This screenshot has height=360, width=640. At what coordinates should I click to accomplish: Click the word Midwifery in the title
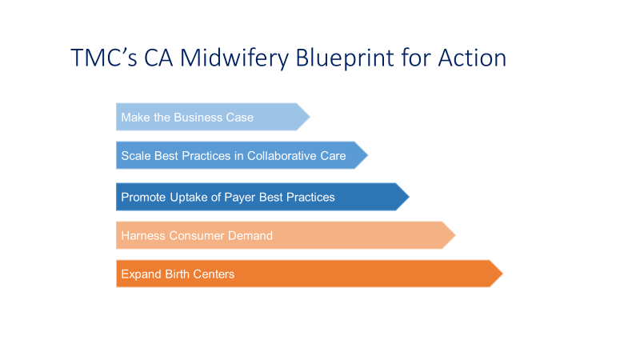tap(234, 58)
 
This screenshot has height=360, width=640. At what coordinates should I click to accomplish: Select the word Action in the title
tap(472, 58)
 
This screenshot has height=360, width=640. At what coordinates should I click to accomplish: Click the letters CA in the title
tap(158, 58)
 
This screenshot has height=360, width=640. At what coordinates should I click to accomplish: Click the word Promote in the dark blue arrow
tap(144, 197)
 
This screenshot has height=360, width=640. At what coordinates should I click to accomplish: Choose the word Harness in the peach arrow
tap(143, 236)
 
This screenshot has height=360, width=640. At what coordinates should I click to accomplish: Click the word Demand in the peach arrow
tap(250, 236)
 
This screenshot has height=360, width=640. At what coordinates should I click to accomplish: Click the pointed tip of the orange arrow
tap(502, 274)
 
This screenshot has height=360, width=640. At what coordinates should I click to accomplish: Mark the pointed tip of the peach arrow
tap(455, 235)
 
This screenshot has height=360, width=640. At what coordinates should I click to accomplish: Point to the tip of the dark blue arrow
tap(409, 197)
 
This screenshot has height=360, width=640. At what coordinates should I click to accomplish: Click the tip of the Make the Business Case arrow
tap(310, 117)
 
